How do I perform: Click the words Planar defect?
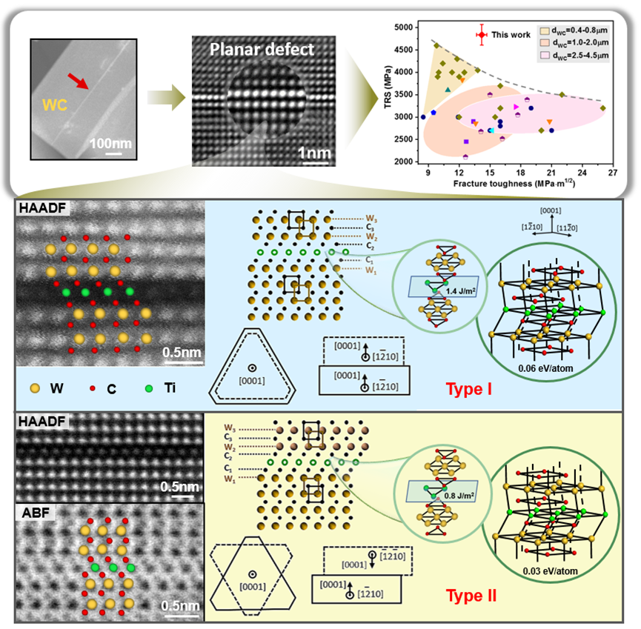pyautogui.click(x=251, y=51)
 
